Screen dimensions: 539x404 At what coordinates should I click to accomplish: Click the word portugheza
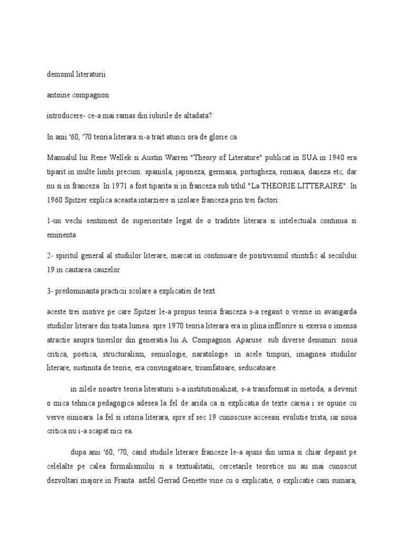(x=260, y=172)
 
